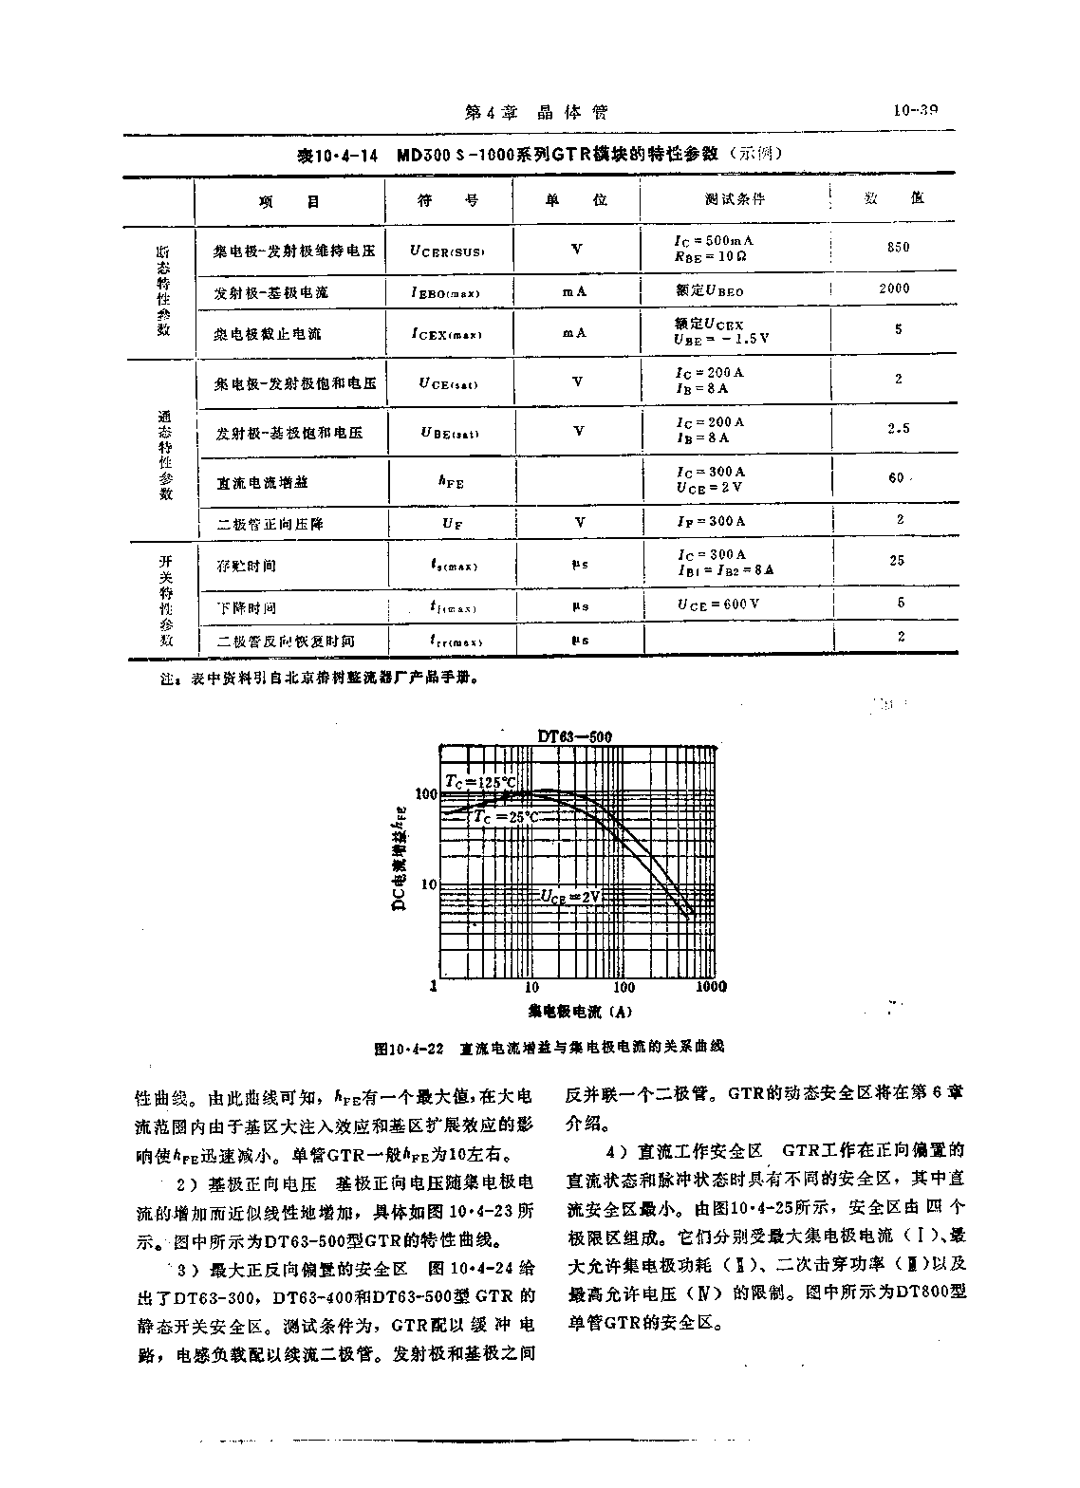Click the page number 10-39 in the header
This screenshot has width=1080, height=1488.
pos(915,111)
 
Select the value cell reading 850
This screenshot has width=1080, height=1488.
pos(898,248)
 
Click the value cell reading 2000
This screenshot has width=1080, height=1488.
pos(894,288)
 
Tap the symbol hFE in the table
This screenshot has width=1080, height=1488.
pos(451,482)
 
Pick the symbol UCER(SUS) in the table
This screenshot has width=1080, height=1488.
pos(447,251)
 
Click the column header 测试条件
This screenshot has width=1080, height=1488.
pos(735,199)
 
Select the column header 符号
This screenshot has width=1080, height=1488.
pos(449,200)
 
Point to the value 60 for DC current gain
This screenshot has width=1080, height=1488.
pos(896,477)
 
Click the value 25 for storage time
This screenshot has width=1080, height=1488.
pos(897,561)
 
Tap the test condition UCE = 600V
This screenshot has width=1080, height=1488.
pos(718,604)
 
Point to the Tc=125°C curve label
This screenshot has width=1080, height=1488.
pos(481,781)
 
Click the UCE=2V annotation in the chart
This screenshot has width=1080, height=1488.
pos(572,895)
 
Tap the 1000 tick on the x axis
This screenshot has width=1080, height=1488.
pos(711,987)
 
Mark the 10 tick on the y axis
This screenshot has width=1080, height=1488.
pos(427,884)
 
